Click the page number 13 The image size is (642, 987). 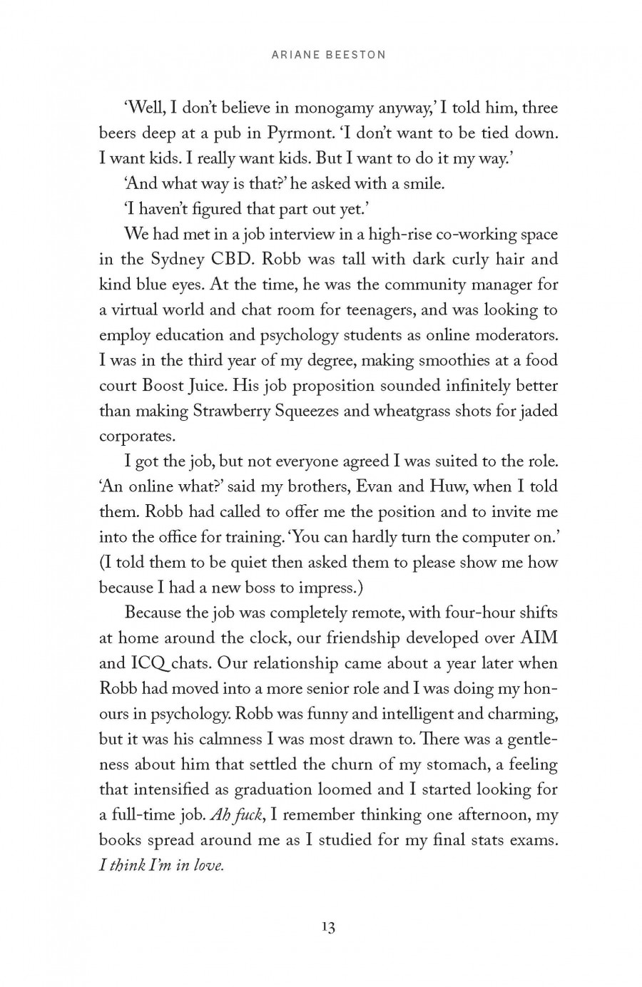(x=328, y=927)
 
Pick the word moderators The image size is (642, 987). (x=516, y=335)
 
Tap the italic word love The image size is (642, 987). (x=209, y=866)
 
